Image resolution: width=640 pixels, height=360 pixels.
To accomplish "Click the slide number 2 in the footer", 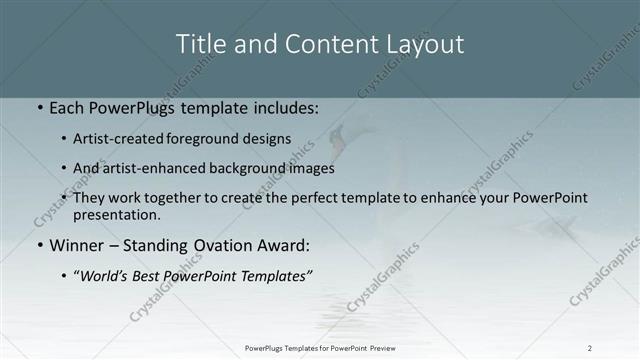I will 589,348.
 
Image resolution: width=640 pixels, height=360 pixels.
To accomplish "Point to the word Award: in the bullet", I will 281,244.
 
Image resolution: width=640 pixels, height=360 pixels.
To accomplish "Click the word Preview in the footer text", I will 381,348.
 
